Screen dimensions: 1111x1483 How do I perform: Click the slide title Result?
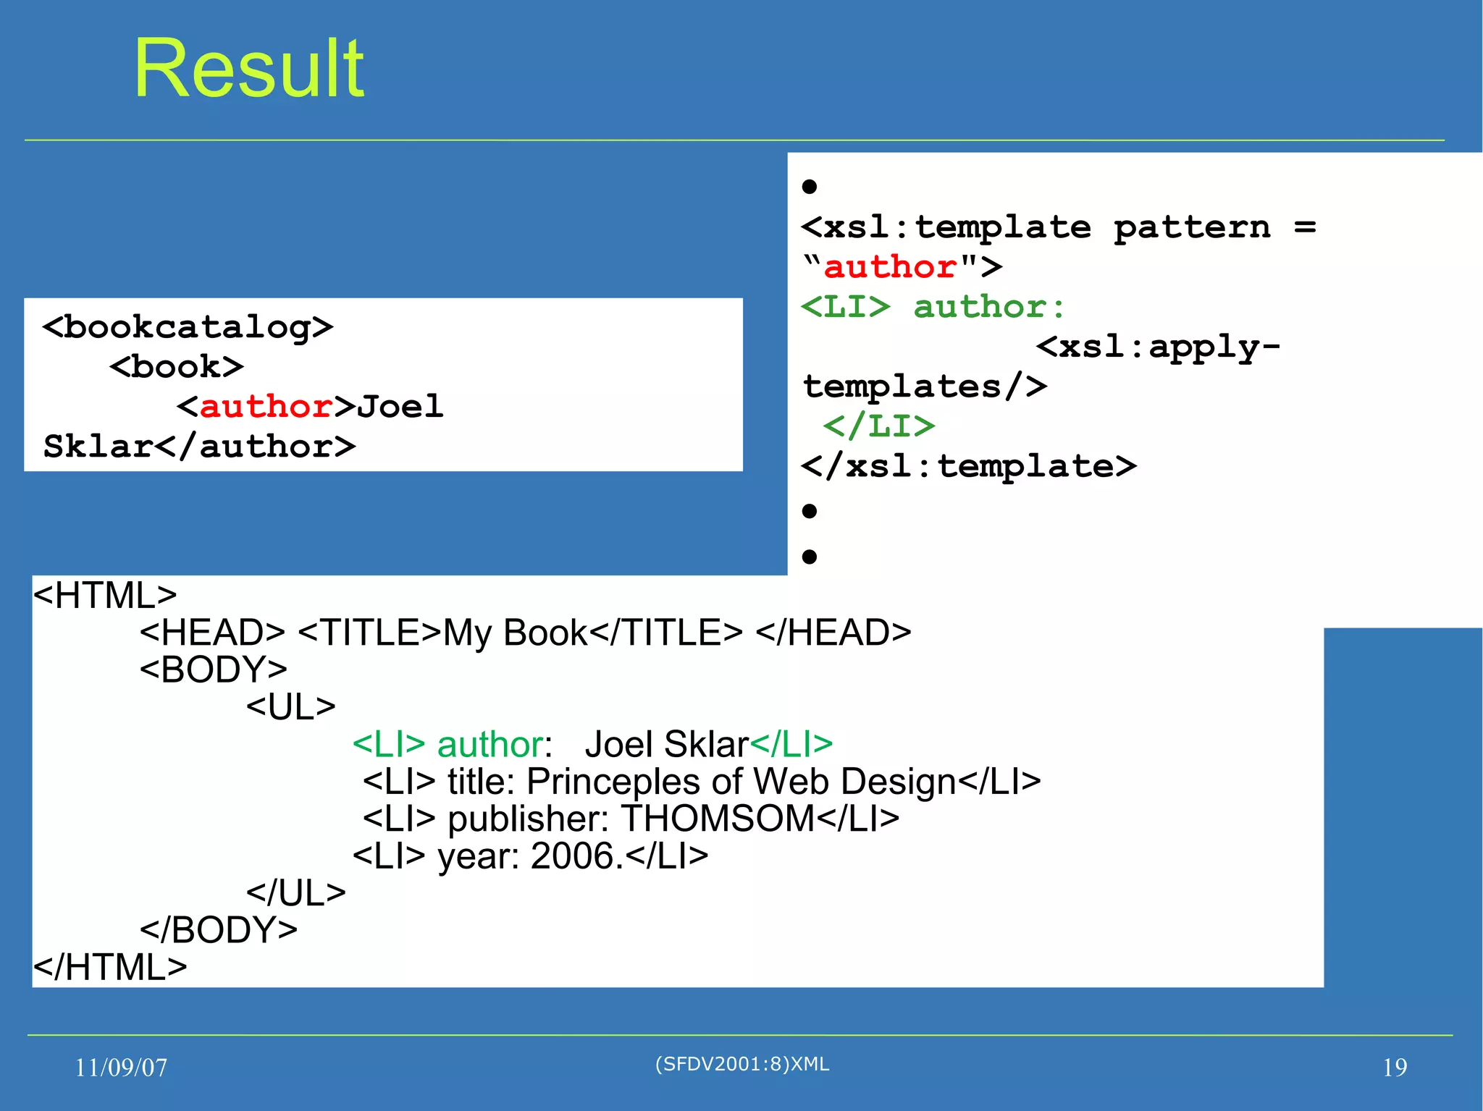point(249,69)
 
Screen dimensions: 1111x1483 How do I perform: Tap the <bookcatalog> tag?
point(188,327)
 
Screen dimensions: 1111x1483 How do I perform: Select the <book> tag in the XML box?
point(177,367)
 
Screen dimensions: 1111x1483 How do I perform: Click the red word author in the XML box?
point(266,407)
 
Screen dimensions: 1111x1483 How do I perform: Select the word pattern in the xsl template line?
point(1192,227)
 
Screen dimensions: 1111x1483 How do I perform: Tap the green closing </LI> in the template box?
point(879,426)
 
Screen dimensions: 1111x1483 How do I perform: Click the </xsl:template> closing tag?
point(968,466)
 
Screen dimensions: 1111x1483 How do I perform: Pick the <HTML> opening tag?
point(105,596)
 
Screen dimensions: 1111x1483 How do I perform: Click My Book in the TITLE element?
point(515,633)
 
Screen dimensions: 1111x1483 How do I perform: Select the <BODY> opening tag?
point(214,669)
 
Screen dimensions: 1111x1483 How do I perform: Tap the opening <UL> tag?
point(291,707)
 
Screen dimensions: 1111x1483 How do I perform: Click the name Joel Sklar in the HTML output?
point(666,744)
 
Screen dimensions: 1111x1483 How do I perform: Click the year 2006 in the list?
point(572,856)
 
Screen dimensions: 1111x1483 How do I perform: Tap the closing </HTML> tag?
point(110,968)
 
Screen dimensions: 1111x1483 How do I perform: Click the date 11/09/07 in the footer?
point(121,1068)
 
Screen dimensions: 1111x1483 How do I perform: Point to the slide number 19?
point(1395,1068)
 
